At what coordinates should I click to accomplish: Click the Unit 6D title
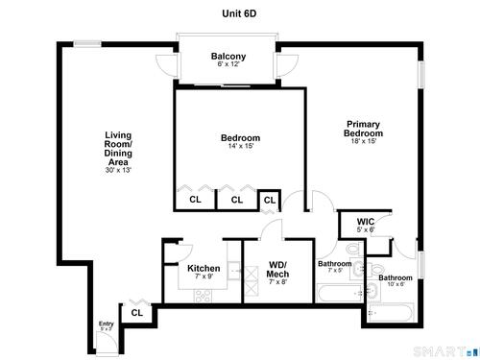[x=239, y=13]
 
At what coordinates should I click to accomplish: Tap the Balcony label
[x=228, y=56]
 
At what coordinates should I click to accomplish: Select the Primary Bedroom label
[x=363, y=129]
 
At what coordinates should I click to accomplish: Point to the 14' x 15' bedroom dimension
[x=241, y=146]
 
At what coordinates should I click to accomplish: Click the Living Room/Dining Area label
[x=118, y=149]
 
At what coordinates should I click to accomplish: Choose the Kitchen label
[x=204, y=268]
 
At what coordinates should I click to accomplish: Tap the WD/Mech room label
[x=277, y=270]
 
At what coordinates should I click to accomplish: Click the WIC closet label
[x=366, y=222]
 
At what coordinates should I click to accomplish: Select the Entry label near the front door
[x=106, y=324]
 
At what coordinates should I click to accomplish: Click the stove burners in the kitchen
[x=204, y=296]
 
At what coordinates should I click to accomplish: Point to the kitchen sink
[x=234, y=271]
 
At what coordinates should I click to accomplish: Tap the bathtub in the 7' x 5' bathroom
[x=340, y=293]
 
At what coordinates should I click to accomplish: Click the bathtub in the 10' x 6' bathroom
[x=391, y=312]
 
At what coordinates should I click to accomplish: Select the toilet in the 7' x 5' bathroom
[x=354, y=249]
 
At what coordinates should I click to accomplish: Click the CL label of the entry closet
[x=137, y=313]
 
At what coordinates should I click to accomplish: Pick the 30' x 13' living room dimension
[x=118, y=170]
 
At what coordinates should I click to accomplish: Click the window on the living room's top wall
[x=87, y=43]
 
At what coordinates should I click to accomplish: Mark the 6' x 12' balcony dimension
[x=228, y=64]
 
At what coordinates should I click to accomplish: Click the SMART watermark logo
[x=446, y=351]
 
